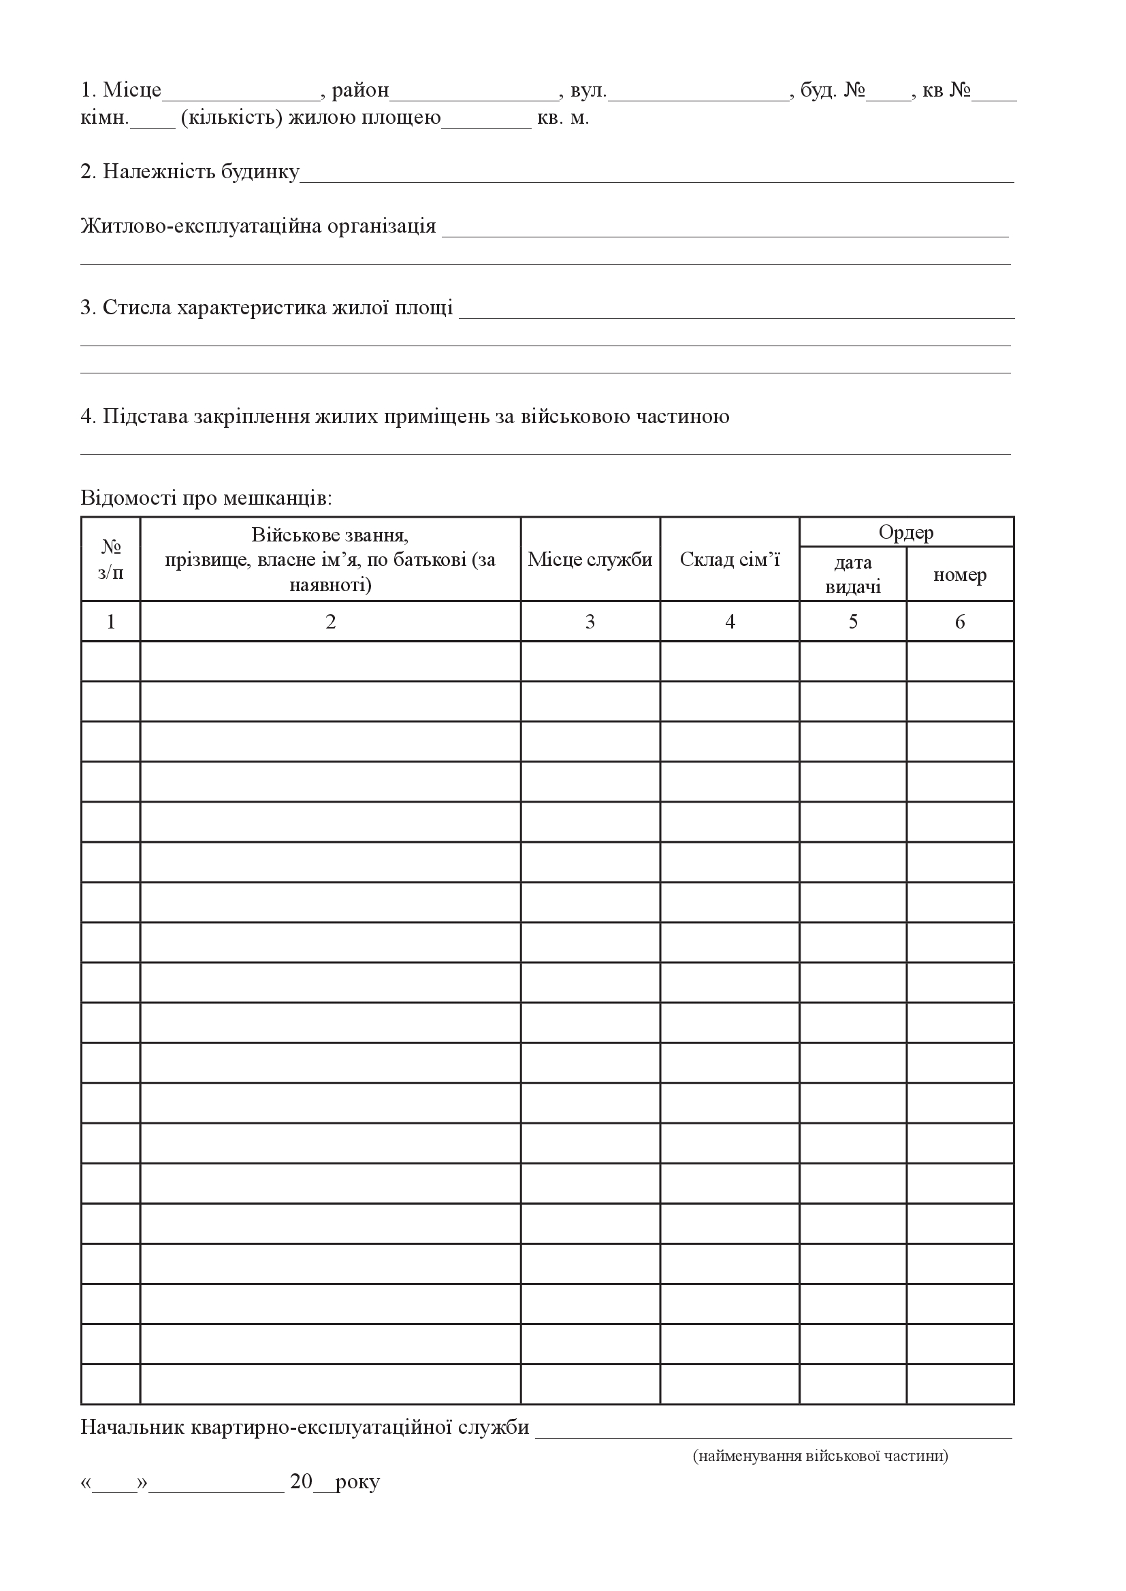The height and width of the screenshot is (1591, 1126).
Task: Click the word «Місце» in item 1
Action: [132, 90]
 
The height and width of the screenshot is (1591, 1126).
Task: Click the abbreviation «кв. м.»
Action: [563, 118]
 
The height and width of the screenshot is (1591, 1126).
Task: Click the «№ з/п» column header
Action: [111, 559]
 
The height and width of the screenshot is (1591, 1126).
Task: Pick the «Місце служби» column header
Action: [590, 559]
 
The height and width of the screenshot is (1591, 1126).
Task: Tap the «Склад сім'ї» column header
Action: [729, 559]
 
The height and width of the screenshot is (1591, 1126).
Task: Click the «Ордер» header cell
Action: [906, 532]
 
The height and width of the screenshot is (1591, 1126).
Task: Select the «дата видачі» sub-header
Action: [853, 575]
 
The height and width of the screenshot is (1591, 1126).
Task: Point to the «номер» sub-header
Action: [960, 575]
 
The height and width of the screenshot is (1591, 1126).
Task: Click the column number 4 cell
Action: [729, 622]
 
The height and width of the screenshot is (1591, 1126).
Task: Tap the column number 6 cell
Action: [960, 622]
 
